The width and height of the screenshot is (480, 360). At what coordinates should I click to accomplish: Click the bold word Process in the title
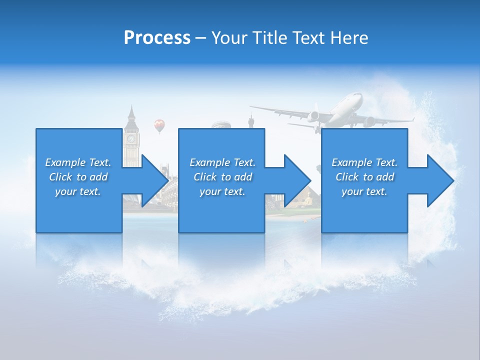[x=157, y=37]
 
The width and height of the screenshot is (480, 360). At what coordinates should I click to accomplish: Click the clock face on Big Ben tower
[x=131, y=138]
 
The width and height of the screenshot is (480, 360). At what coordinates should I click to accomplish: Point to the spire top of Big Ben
[x=131, y=106]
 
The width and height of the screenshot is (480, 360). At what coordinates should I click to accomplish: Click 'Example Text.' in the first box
[x=78, y=162]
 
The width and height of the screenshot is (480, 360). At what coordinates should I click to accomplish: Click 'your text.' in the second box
[x=222, y=191]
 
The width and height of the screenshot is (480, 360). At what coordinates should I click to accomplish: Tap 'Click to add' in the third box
[x=364, y=177]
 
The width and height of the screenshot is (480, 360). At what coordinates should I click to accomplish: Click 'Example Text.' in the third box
[x=364, y=162]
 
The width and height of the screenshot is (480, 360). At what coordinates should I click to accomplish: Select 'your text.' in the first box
[x=78, y=191]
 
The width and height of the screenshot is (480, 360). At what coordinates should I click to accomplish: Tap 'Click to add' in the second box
[x=222, y=177]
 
